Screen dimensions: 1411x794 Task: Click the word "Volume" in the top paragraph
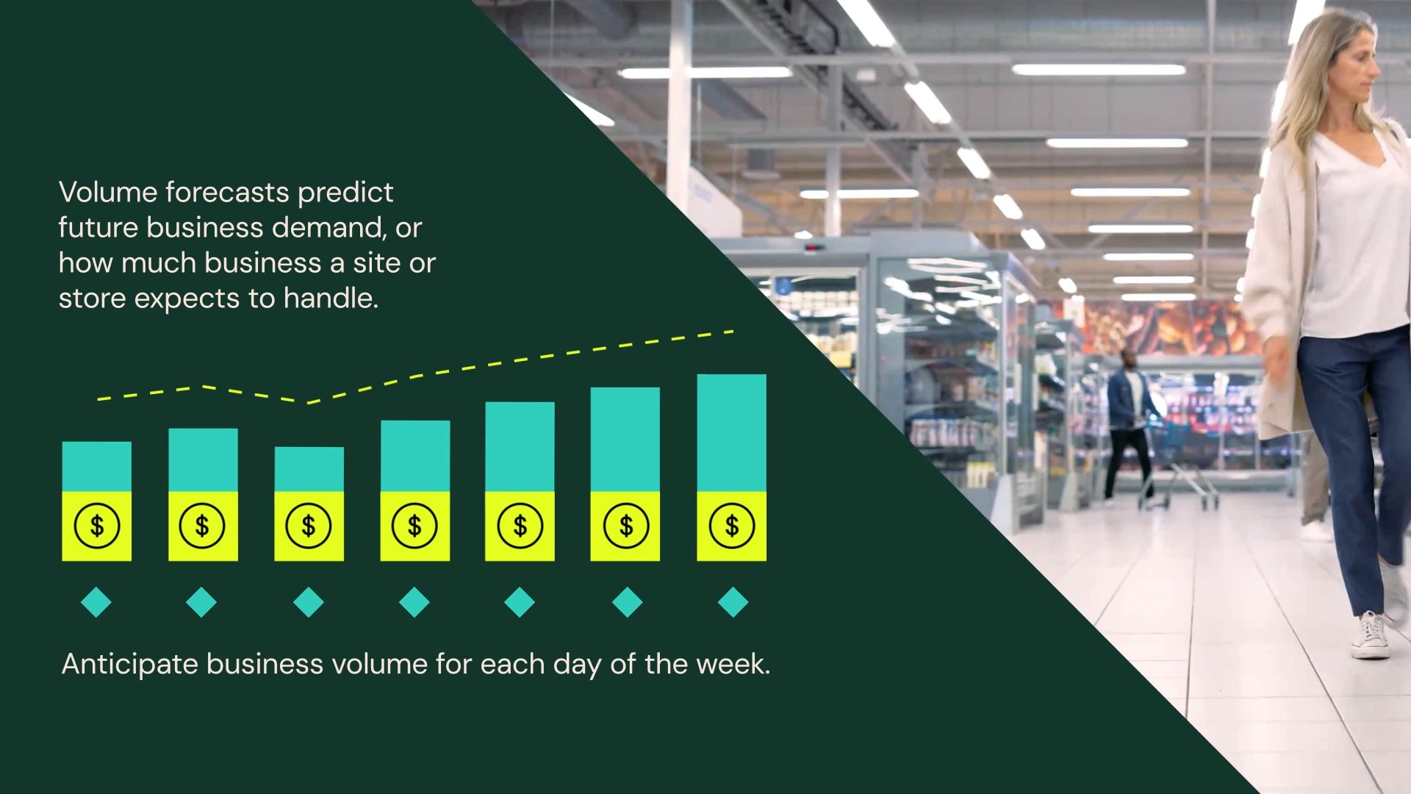(x=108, y=192)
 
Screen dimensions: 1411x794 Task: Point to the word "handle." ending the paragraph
(x=331, y=298)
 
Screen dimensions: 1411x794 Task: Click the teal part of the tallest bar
(x=731, y=433)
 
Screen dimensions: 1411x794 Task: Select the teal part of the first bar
(x=96, y=467)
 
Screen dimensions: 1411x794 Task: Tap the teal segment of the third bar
(x=309, y=469)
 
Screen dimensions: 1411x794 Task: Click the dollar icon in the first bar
(x=96, y=526)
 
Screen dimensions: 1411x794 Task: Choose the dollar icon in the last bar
(x=731, y=526)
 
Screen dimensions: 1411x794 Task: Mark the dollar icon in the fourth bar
(x=414, y=526)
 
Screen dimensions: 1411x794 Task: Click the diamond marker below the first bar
(x=96, y=602)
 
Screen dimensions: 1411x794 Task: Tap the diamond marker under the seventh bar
(x=733, y=602)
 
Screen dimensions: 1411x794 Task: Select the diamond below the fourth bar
(x=414, y=602)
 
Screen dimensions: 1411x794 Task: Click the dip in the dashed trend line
(x=309, y=402)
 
